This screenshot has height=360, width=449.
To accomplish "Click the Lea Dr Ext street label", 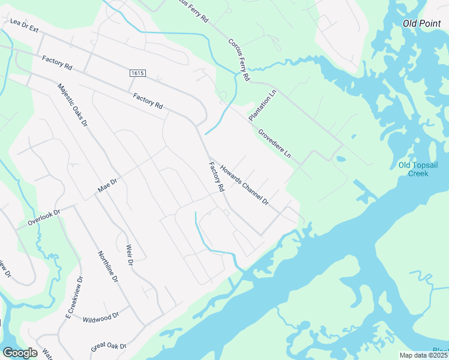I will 24,25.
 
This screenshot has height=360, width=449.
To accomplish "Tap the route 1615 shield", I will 137,73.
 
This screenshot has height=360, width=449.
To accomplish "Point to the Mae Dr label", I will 107,185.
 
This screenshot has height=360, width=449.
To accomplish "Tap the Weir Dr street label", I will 128,255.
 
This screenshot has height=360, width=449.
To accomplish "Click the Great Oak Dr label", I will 109,346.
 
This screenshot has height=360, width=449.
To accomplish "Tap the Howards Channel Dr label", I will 243,185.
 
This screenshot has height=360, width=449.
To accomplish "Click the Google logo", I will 19,353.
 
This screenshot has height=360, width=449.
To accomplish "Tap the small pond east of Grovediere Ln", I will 341,160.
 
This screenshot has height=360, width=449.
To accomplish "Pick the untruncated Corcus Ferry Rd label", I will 238,60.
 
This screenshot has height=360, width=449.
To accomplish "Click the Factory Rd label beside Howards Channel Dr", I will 216,177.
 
